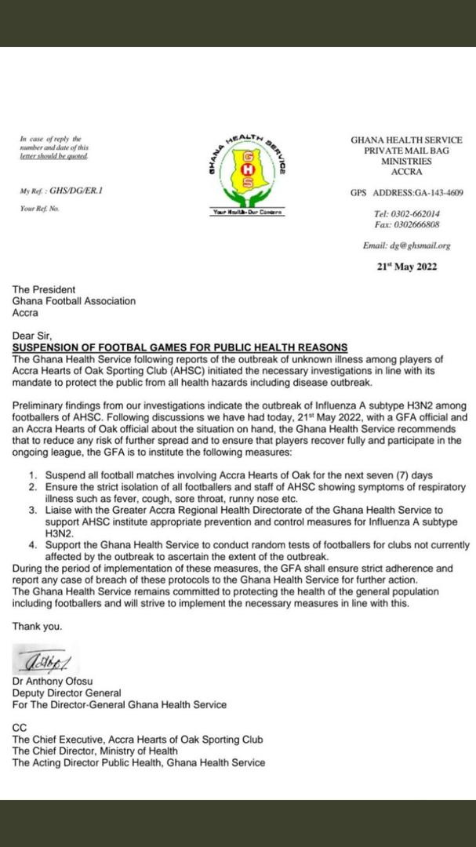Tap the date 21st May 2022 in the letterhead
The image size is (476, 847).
pos(406,266)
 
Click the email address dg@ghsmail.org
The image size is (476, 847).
pos(406,245)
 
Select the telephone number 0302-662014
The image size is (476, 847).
pos(418,214)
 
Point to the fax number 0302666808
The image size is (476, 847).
pos(418,224)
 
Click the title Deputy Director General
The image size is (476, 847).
pos(67,693)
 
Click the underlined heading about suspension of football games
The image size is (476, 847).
pos(180,347)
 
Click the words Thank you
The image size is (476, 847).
pos(36,627)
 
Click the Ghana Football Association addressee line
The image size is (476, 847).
pos(74,300)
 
